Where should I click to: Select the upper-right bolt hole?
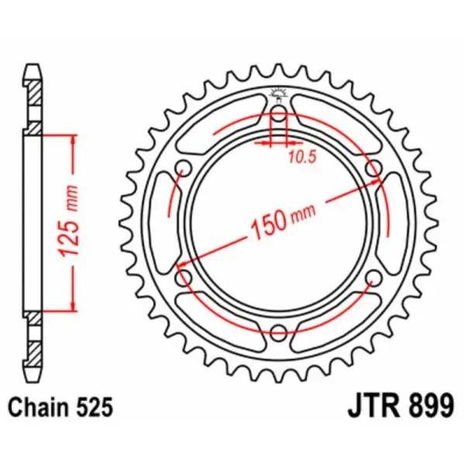374,168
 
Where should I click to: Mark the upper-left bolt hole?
184,168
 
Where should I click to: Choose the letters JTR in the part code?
364,405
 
